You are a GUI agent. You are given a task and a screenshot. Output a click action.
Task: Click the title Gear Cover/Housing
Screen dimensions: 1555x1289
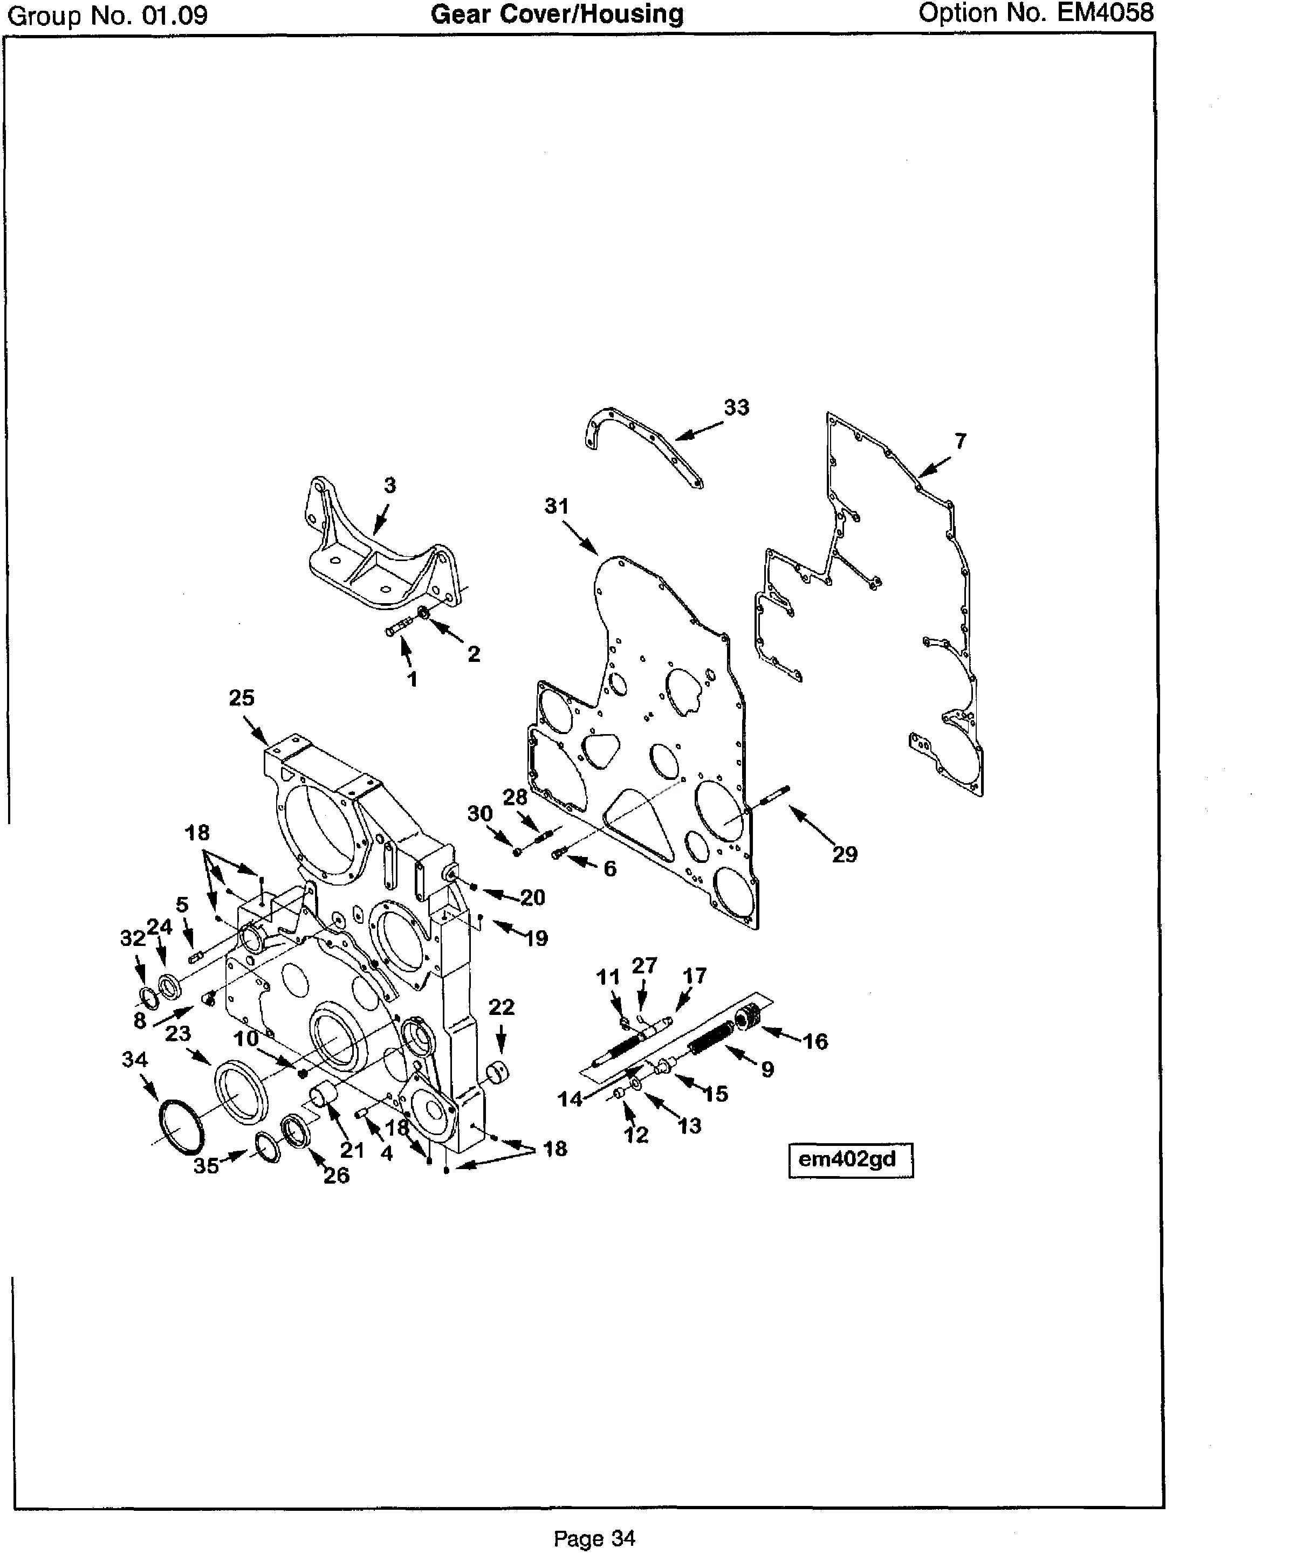click(x=557, y=14)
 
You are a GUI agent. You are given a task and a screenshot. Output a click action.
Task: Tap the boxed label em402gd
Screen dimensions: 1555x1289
click(x=849, y=1159)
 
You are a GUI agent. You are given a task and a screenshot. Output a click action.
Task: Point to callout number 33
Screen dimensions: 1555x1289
click(x=736, y=407)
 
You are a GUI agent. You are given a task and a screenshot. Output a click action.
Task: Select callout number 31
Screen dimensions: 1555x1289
click(x=557, y=507)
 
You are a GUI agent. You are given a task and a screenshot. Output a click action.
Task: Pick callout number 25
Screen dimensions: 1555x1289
click(x=242, y=697)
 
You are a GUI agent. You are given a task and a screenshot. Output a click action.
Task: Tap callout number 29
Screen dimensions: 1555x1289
click(x=845, y=854)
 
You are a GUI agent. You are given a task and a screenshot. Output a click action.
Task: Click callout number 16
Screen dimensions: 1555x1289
click(x=815, y=1041)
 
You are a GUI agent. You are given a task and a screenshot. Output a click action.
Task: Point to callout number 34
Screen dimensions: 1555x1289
click(x=135, y=1060)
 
